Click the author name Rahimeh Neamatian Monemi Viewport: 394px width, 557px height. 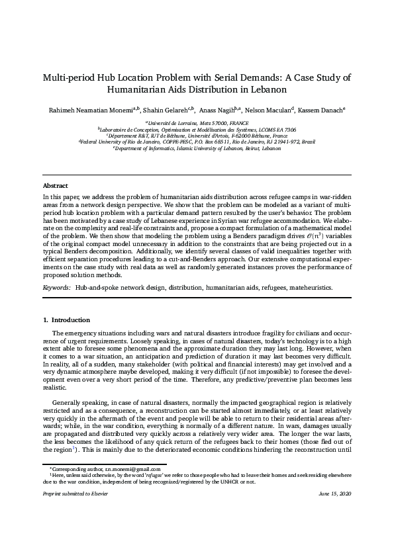click(85, 110)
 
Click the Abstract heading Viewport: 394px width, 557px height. click(56, 186)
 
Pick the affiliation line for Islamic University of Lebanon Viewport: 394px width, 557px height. click(197, 149)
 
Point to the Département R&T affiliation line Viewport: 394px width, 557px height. click(197, 136)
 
